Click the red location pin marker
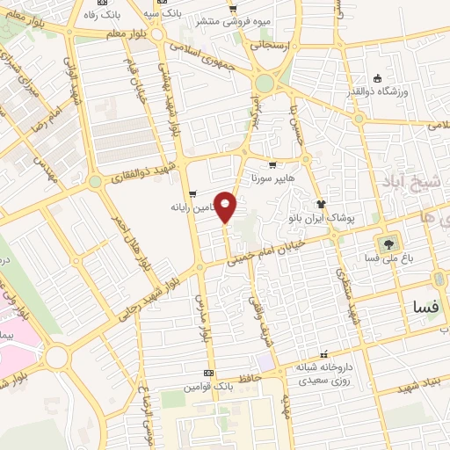pyautogui.click(x=226, y=207)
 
